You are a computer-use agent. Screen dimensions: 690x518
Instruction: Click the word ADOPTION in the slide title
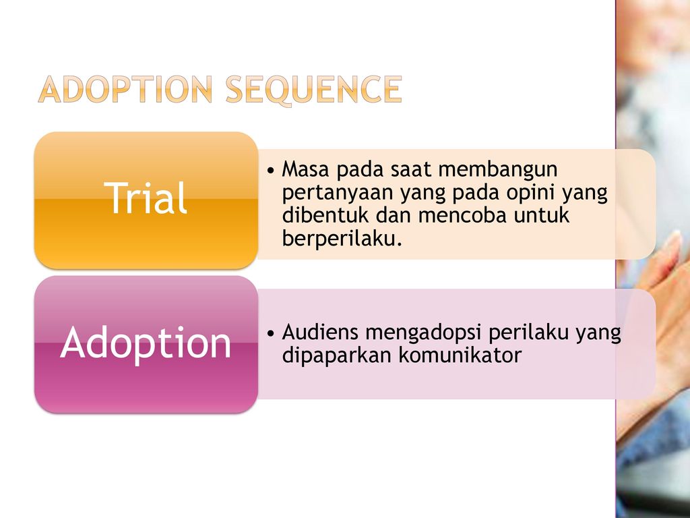pos(125,90)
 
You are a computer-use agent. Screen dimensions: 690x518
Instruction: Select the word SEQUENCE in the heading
pos(314,90)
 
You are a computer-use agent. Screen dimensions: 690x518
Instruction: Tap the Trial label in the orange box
pos(146,198)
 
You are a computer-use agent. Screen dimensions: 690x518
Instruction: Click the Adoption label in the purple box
pos(146,343)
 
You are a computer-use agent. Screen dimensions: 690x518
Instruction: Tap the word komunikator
pos(460,355)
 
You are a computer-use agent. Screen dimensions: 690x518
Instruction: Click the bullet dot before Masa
pos(271,171)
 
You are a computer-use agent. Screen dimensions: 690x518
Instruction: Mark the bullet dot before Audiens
pos(271,333)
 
